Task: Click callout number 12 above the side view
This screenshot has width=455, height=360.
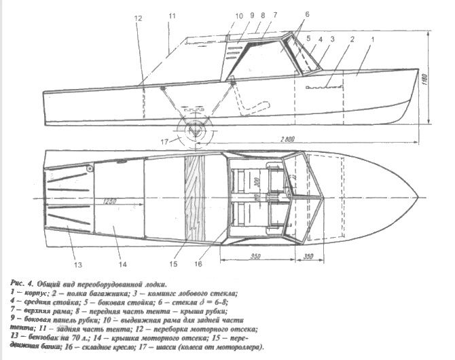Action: (139, 20)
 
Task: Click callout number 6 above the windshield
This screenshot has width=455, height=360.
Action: (288, 14)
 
